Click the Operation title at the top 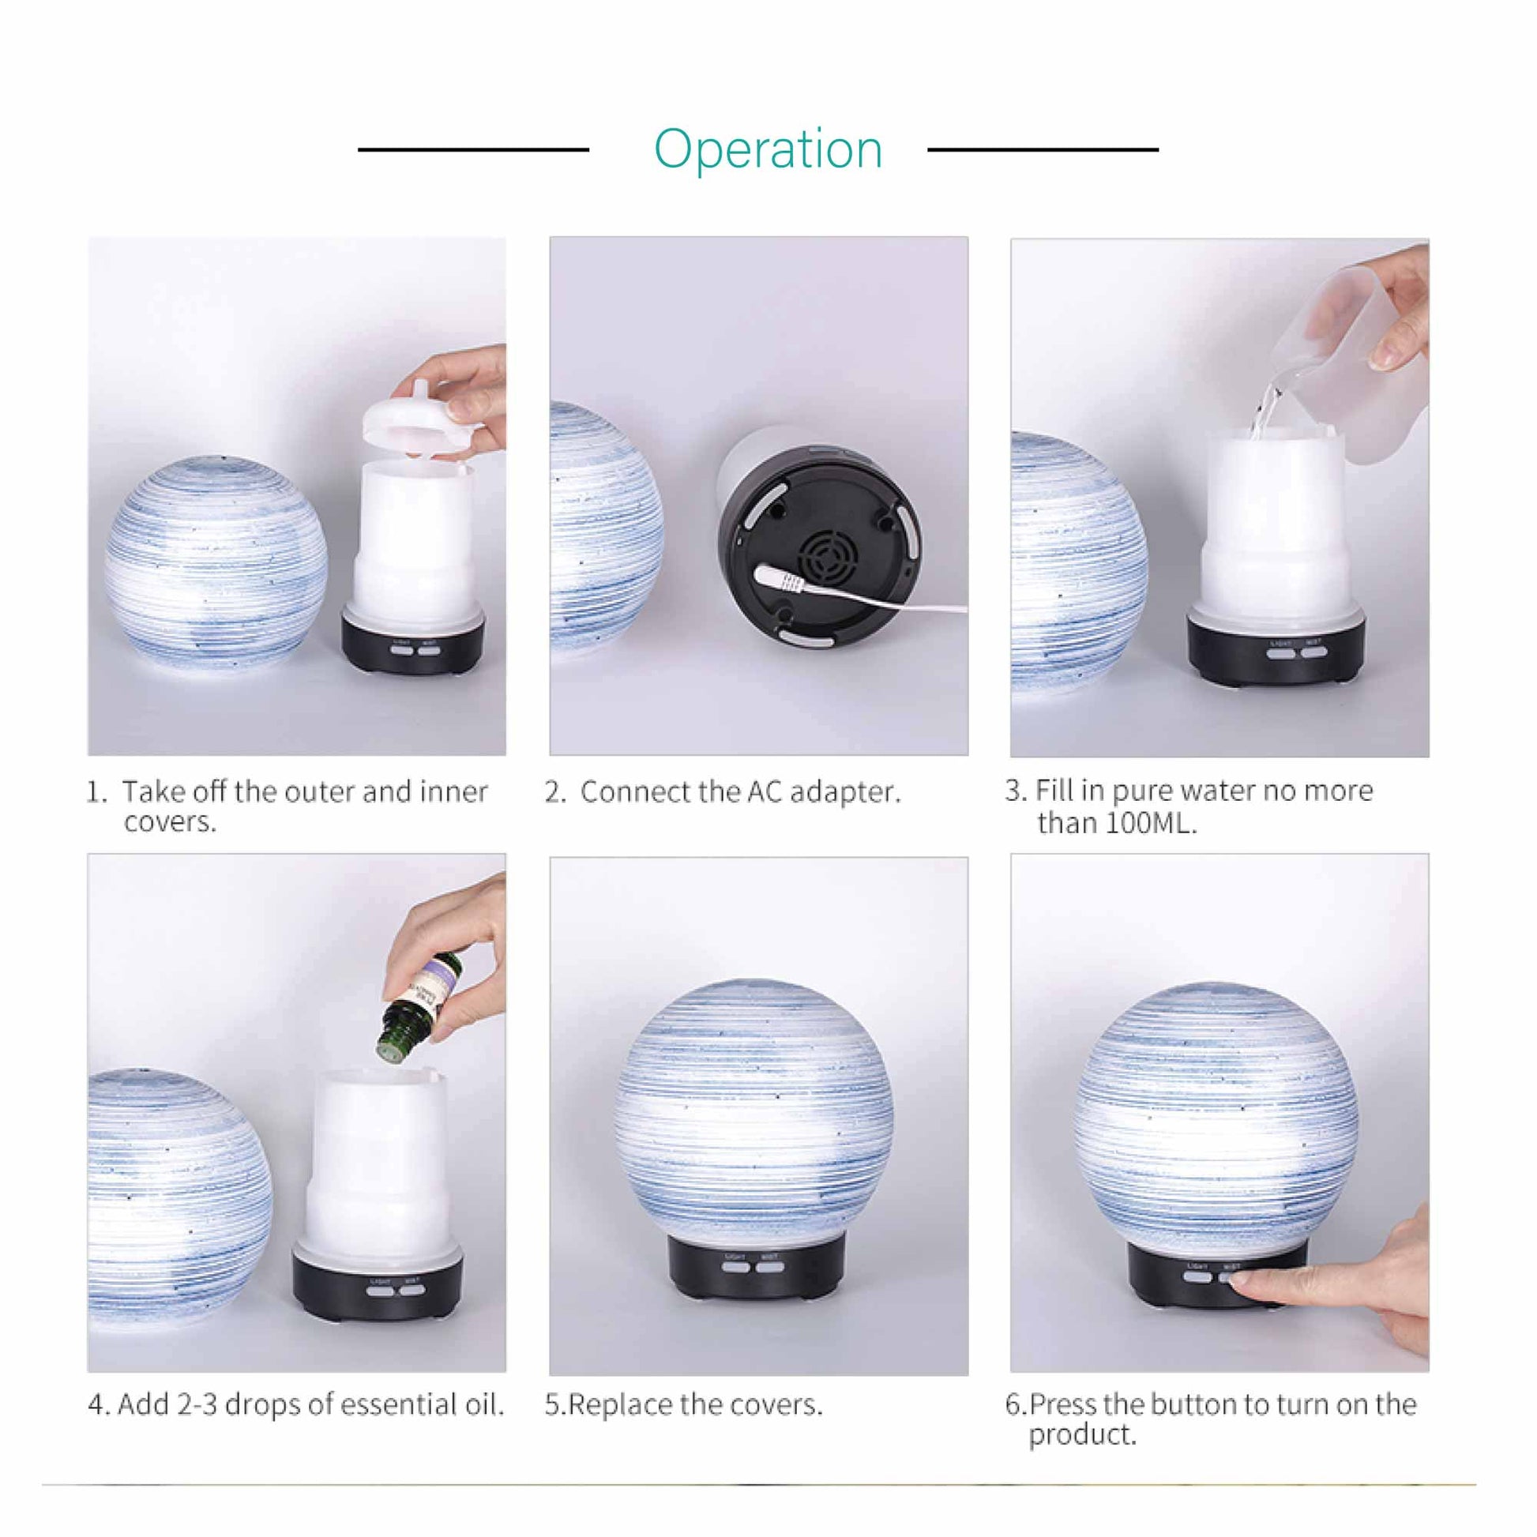coord(768,148)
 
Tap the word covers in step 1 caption coord(171,821)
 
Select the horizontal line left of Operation coord(473,148)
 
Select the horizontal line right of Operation coord(1042,148)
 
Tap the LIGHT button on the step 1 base coord(401,650)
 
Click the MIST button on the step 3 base coord(1313,653)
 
